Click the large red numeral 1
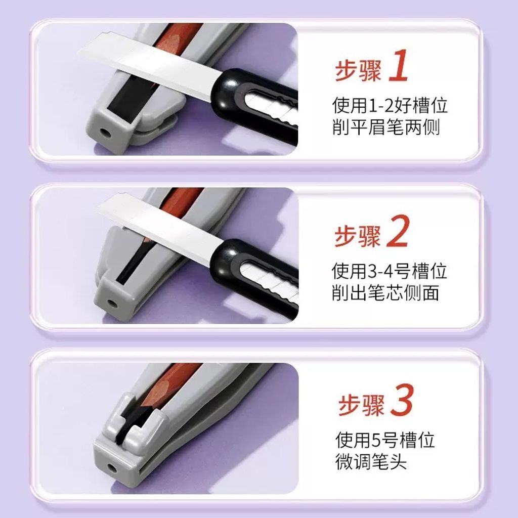[x=399, y=65]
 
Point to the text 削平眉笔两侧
[x=386, y=126]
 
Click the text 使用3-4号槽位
[x=390, y=271]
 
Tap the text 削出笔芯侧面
[x=385, y=292]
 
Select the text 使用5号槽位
[x=385, y=440]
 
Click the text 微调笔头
[x=371, y=461]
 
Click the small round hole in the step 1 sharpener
[x=106, y=133]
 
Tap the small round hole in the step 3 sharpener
[x=112, y=468]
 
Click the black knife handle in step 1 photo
[x=254, y=99]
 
